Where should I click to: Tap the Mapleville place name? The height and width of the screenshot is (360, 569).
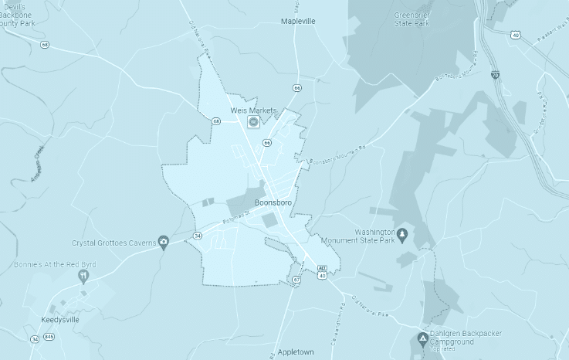(299, 22)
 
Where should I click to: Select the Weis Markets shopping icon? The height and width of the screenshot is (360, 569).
(252, 122)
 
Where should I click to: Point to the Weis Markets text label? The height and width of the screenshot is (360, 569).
(252, 111)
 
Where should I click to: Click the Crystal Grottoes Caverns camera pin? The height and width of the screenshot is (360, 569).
(164, 243)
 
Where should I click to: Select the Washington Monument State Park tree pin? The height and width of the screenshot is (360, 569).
(401, 232)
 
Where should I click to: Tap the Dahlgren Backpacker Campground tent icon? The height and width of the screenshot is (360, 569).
(423, 338)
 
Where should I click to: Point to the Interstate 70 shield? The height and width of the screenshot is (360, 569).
(495, 75)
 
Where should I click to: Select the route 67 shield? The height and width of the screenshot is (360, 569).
(296, 279)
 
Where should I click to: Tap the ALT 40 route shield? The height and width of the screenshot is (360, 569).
(322, 271)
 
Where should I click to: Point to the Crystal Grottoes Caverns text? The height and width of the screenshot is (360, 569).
(114, 243)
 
